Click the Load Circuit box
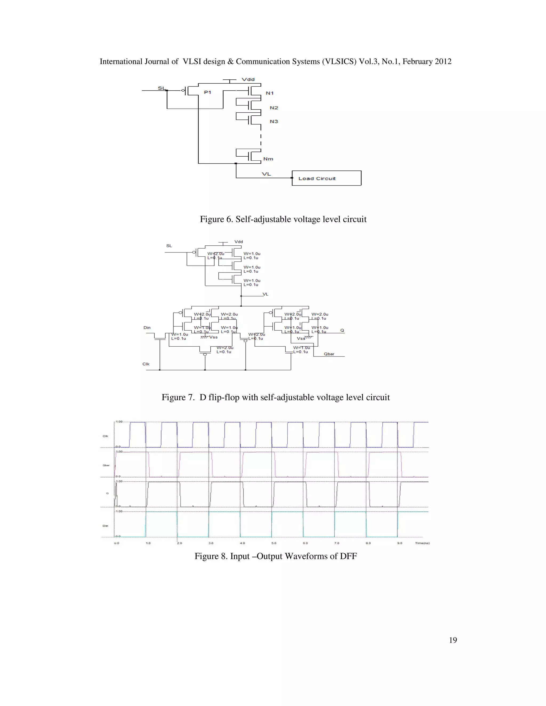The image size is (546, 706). pos(326,178)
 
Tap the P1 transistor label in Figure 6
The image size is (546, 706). pos(207,92)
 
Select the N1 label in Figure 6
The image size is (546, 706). pos(270,93)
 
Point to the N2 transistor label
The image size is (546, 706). pos(274,108)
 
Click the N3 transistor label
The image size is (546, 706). pos(274,121)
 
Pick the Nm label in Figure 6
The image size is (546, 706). pos(268,159)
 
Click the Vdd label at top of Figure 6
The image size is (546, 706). pos(248,79)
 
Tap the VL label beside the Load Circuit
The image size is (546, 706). pos(266,174)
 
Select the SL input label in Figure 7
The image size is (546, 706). pos(169,246)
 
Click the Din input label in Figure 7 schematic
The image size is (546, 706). pos(147,327)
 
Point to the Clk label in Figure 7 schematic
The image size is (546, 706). pos(146,364)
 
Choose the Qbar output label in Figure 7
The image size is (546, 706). pos(329,354)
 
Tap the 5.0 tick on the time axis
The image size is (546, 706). pos(274,543)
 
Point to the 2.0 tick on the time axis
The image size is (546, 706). pos(179,543)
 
